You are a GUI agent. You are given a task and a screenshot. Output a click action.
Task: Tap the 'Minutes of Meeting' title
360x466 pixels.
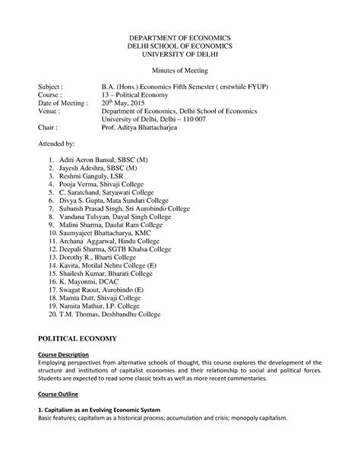point(179,73)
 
